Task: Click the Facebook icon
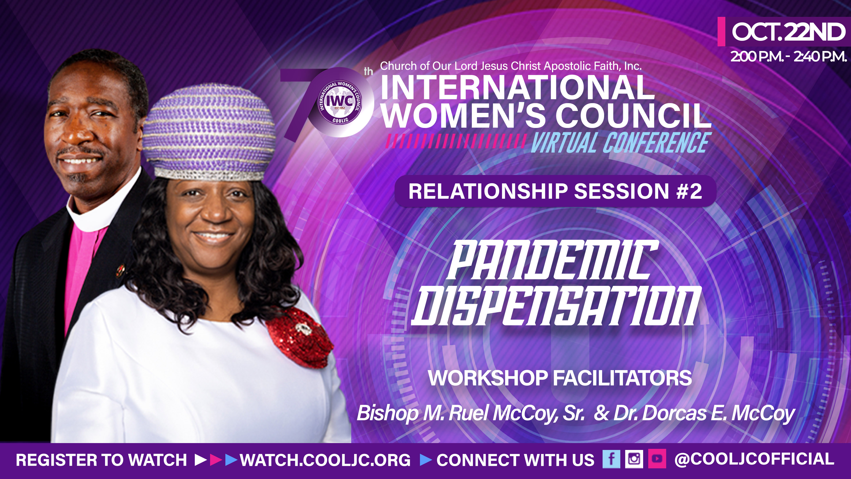pyautogui.click(x=611, y=459)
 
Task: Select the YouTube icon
pyautogui.click(x=657, y=459)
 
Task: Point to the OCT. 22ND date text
pyautogui.click(x=788, y=32)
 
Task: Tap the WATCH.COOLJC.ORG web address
pyautogui.click(x=325, y=460)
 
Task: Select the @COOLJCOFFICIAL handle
pyautogui.click(x=754, y=459)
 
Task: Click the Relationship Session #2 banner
pyautogui.click(x=555, y=191)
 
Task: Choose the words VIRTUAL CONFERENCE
pyautogui.click(x=619, y=143)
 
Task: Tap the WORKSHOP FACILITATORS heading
pyautogui.click(x=560, y=378)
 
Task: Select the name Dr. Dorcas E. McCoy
pyautogui.click(x=704, y=413)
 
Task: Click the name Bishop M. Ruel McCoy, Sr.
pyautogui.click(x=470, y=413)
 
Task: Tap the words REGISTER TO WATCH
pyautogui.click(x=101, y=460)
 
